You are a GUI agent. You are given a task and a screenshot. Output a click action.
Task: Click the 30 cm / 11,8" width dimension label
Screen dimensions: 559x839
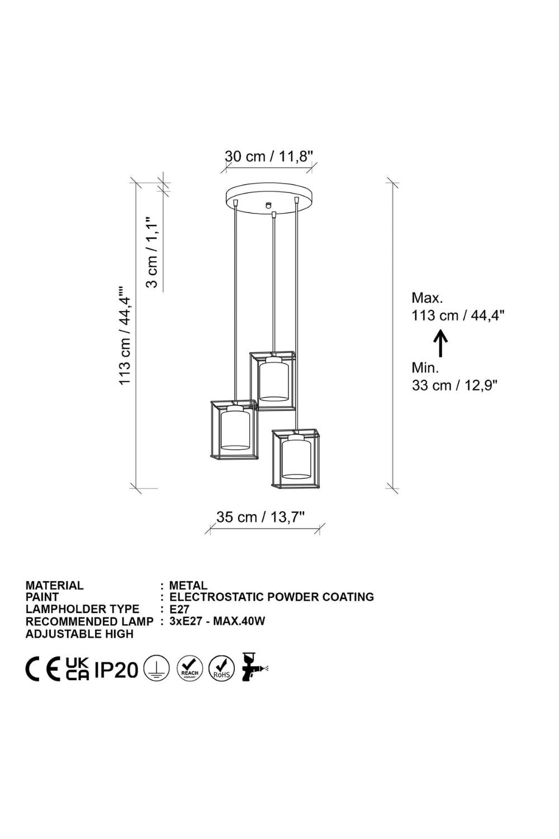coord(268,156)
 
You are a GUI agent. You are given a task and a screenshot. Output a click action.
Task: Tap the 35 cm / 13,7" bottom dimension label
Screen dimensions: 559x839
coord(260,517)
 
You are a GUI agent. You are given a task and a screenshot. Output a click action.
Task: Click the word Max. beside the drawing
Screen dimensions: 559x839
coord(427,298)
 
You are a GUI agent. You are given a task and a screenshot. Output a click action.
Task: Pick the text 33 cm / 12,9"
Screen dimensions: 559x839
coord(454,385)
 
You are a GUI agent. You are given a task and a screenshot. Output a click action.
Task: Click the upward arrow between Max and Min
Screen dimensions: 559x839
coord(442,342)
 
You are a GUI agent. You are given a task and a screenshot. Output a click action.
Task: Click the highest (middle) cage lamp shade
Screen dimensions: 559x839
coord(273,380)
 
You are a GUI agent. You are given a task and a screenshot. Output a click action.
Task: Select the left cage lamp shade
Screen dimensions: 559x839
coord(233,430)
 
